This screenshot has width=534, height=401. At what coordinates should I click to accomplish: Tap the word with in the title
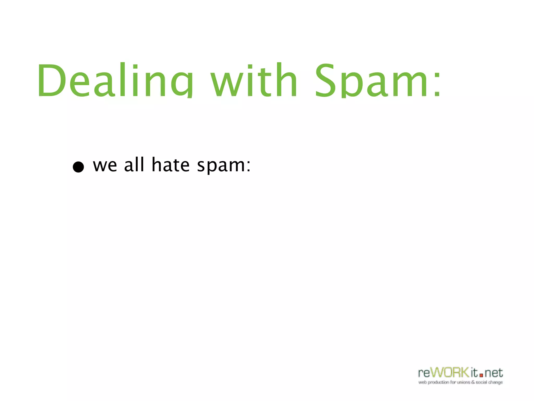point(254,80)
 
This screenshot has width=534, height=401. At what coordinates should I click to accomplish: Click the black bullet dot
point(78,167)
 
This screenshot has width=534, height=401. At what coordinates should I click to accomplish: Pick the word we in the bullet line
point(105,166)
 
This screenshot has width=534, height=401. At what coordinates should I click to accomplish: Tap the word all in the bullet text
point(134,164)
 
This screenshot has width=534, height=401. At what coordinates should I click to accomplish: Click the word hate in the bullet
point(171,164)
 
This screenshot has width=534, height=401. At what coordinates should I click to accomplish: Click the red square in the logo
point(481,375)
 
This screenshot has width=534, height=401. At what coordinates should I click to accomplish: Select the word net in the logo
point(494,373)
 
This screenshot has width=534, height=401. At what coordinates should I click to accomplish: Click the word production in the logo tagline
point(438,382)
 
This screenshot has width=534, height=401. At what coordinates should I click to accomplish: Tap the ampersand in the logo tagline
point(473,382)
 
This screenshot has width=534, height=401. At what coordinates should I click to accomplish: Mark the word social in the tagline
point(482,382)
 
